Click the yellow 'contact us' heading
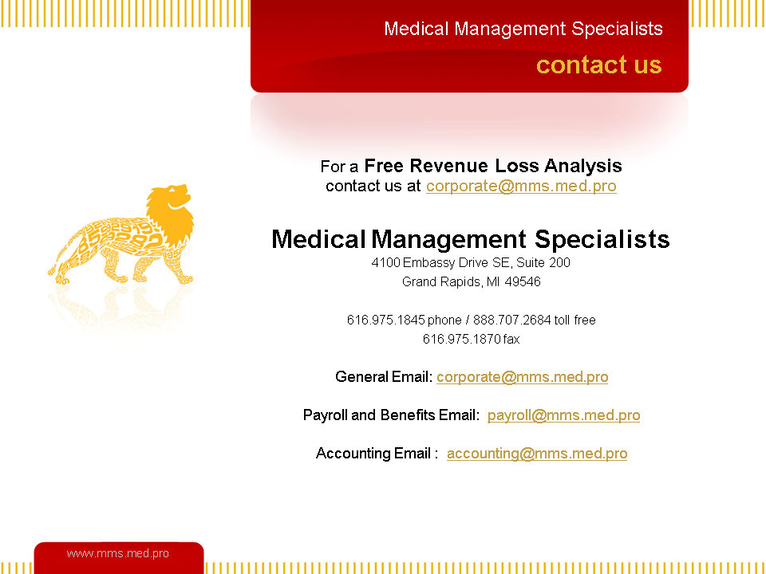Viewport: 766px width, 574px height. pyautogui.click(x=599, y=65)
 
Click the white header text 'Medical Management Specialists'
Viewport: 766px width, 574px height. pyautogui.click(x=523, y=29)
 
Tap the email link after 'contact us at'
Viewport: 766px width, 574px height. pyautogui.click(x=521, y=186)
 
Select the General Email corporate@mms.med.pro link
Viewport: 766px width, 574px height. pyautogui.click(x=522, y=377)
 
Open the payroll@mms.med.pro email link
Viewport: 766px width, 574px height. pyautogui.click(x=564, y=415)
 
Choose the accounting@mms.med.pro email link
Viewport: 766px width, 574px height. pyautogui.click(x=537, y=454)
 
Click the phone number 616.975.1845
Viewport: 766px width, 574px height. pyautogui.click(x=386, y=320)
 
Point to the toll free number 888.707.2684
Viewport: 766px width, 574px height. pyautogui.click(x=512, y=320)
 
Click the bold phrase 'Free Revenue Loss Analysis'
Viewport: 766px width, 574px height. pyautogui.click(x=493, y=166)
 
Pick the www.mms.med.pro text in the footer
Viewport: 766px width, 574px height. pyautogui.click(x=118, y=553)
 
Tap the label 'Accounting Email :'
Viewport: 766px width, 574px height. pyautogui.click(x=377, y=454)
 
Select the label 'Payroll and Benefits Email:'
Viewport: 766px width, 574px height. pyautogui.click(x=391, y=415)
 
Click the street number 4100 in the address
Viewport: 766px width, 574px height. pyautogui.click(x=386, y=262)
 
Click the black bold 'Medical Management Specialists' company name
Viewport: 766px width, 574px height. pyautogui.click(x=471, y=239)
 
